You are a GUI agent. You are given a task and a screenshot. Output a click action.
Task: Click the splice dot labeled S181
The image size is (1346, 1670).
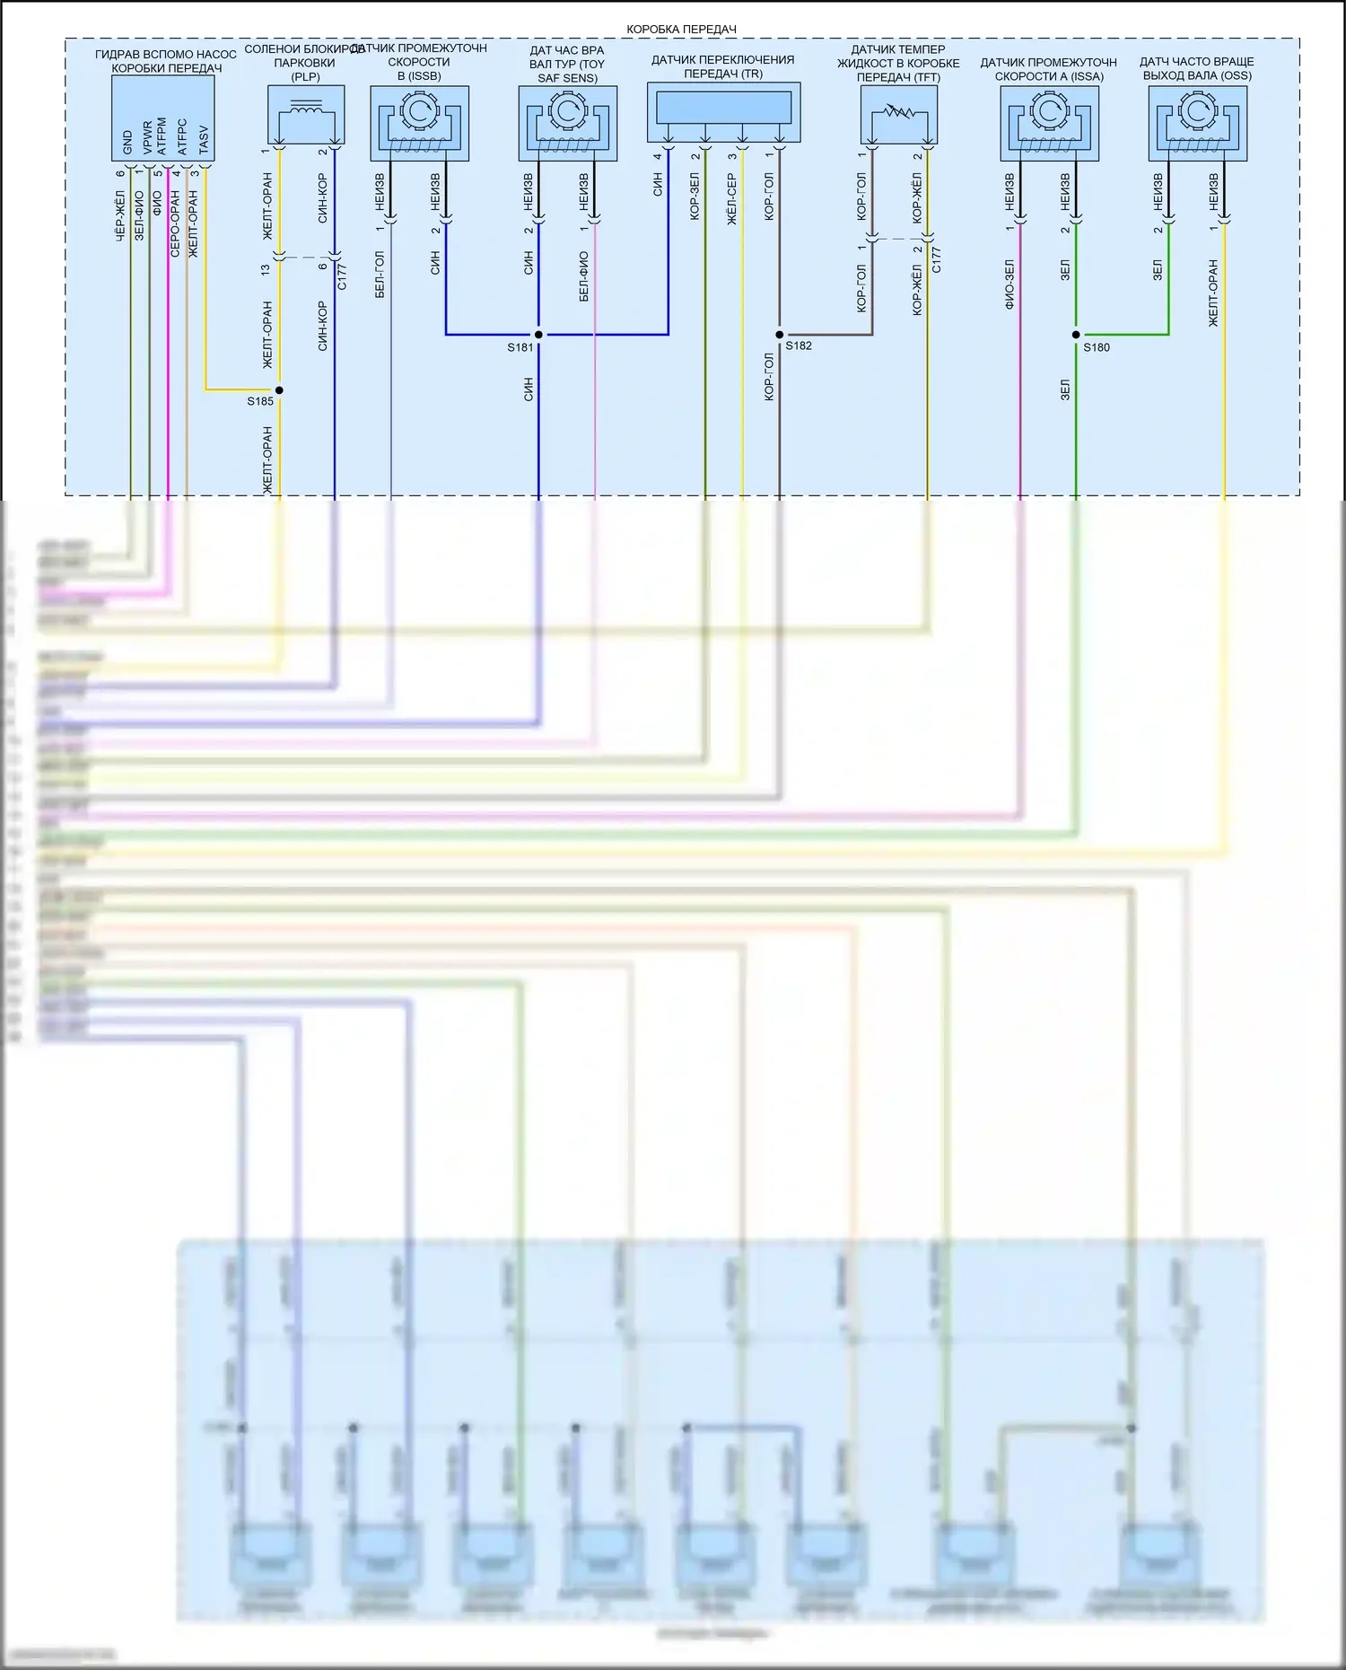538,335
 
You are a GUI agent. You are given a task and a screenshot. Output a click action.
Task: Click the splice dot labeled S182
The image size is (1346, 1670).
779,335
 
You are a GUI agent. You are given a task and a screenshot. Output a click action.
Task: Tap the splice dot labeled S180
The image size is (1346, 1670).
1076,335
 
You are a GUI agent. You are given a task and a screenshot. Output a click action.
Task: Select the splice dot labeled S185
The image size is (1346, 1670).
279,390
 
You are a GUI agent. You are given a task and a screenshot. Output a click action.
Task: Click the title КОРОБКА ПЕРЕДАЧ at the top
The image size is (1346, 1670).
681,30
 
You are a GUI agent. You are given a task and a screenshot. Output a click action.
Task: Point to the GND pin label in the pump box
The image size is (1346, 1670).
127,142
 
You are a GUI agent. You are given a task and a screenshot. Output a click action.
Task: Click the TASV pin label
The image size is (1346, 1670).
204,139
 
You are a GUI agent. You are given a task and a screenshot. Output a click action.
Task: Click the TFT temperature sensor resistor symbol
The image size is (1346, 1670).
898,115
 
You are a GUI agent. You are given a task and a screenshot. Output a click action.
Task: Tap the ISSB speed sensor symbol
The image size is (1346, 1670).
419,123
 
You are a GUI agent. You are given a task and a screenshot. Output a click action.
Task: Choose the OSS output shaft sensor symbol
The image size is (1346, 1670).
1197,123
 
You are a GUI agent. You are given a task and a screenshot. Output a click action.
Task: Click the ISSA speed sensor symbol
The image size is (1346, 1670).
1049,123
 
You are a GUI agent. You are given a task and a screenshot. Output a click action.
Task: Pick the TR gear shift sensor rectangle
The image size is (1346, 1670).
723,109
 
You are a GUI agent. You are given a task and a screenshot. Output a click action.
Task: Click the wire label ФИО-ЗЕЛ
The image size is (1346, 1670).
1009,284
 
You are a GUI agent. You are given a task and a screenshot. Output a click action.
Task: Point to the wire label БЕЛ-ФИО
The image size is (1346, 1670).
584,276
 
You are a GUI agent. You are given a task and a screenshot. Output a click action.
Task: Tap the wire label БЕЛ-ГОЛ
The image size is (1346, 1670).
380,275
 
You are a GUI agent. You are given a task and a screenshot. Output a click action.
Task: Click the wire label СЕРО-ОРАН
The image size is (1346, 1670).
175,223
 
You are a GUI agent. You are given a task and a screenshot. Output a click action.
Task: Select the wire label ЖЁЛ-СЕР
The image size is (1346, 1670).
731,199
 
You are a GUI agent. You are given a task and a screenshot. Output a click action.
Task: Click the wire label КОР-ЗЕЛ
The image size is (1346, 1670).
695,197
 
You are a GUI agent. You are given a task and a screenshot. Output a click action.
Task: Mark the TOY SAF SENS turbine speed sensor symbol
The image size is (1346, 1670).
567,123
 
